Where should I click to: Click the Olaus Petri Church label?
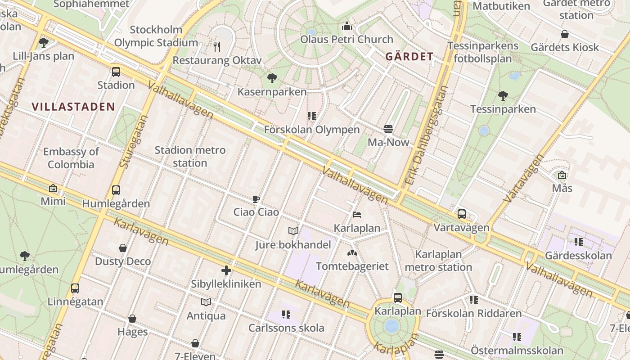point(346,39)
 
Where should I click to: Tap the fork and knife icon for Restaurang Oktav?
point(217,46)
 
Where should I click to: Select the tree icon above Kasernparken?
point(272,78)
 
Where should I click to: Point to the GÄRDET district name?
point(409,57)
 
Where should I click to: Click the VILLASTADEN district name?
point(73,107)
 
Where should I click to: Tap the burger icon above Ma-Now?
point(389,130)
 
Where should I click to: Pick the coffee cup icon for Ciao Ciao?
point(256,199)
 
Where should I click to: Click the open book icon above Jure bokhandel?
point(293,231)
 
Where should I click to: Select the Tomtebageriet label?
point(352,266)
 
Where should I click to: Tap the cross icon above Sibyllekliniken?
point(226,270)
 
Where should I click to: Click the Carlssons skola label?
point(286,328)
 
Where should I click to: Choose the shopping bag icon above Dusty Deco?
point(122,248)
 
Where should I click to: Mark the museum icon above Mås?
point(562,175)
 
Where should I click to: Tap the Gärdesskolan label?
point(578,256)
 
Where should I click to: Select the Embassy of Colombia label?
point(71,158)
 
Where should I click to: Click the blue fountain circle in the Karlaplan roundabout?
point(392,326)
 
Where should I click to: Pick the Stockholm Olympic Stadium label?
point(156,36)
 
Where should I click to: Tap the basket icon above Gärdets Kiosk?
point(564,34)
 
